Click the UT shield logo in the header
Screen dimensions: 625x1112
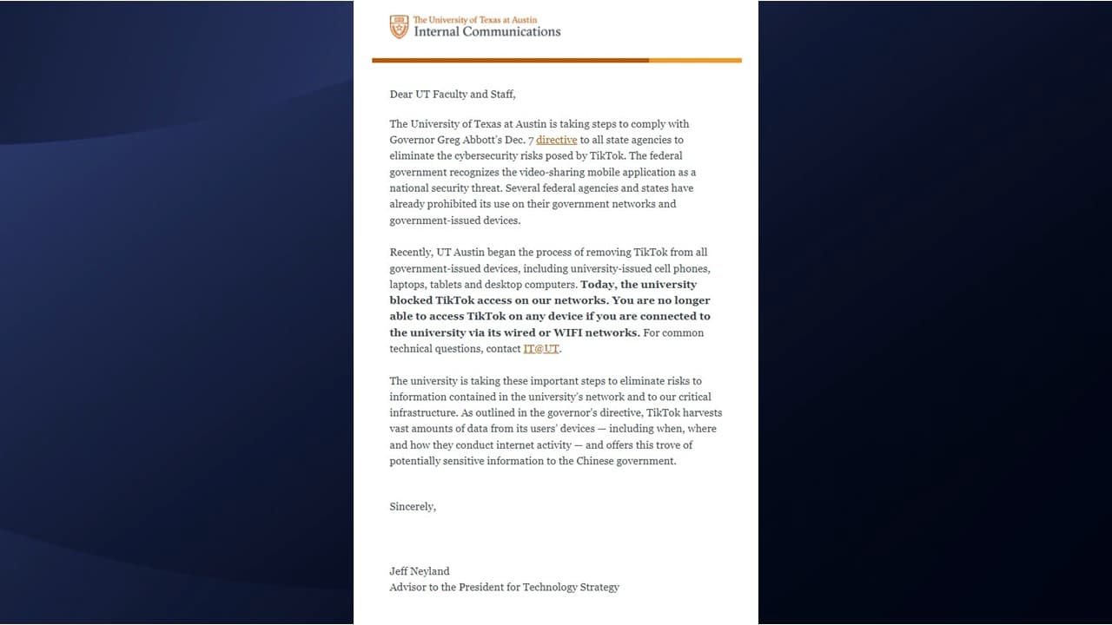click(x=399, y=27)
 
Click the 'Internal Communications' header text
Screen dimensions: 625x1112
click(x=486, y=32)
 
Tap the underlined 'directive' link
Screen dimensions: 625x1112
click(x=557, y=140)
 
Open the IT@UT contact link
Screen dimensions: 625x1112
click(x=541, y=349)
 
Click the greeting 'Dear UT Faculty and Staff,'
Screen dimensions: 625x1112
click(x=453, y=94)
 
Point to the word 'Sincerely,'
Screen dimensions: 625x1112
click(x=413, y=506)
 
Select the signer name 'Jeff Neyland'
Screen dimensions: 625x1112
click(x=420, y=571)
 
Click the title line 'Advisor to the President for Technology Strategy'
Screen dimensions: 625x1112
click(x=504, y=587)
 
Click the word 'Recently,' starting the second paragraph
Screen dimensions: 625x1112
click(x=411, y=253)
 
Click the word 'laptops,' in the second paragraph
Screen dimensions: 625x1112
click(x=407, y=285)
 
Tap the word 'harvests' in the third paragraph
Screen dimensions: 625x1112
click(x=700, y=413)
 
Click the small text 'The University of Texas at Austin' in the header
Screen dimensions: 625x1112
click(x=475, y=19)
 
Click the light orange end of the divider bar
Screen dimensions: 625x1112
click(x=695, y=60)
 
